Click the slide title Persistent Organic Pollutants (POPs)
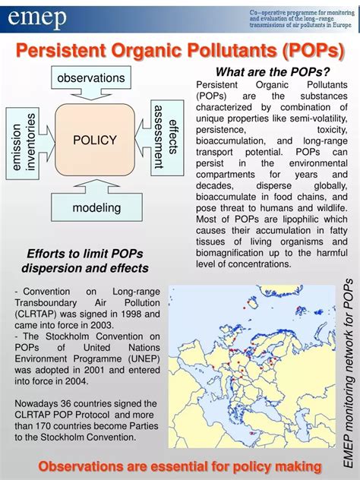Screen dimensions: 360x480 pyautogui.click(x=181, y=52)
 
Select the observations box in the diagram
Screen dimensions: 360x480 pyautogui.click(x=90, y=77)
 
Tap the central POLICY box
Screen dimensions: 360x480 pyautogui.click(x=95, y=140)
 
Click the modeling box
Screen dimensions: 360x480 pyautogui.click(x=96, y=207)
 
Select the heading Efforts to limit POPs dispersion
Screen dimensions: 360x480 pyautogui.click(x=85, y=261)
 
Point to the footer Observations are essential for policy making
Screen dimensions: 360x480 pyautogui.click(x=180, y=465)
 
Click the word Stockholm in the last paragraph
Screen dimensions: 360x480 pyautogui.click(x=84, y=436)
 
